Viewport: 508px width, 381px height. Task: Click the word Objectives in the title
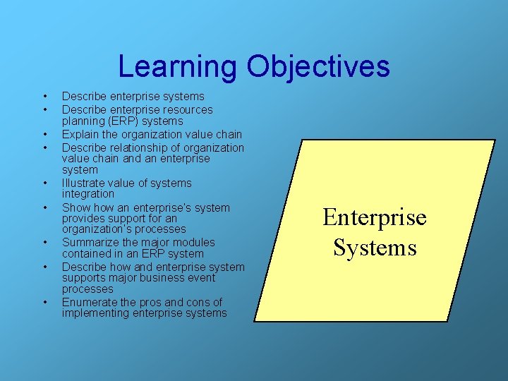[x=318, y=67]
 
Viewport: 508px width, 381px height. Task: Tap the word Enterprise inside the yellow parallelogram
[x=375, y=217]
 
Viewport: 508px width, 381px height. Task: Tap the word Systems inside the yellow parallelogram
[x=375, y=248]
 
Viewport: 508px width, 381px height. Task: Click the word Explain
[x=80, y=134]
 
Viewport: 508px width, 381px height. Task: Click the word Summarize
[x=89, y=242]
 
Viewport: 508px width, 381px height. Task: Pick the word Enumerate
[x=89, y=302]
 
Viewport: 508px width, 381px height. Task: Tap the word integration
[x=87, y=193]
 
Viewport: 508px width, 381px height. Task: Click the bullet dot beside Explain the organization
[x=44, y=134]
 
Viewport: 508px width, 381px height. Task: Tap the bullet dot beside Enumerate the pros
[x=44, y=302]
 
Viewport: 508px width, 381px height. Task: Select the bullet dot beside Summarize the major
[x=44, y=242]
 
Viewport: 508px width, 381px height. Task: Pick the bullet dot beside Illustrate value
[x=44, y=183]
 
